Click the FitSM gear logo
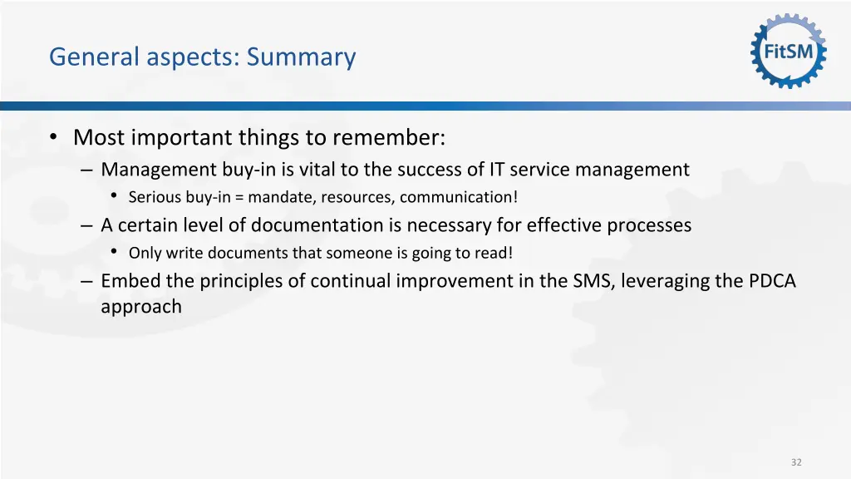(x=789, y=52)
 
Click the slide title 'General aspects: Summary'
(x=202, y=57)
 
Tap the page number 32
(x=796, y=462)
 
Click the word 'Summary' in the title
(x=301, y=57)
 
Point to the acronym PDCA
(x=772, y=281)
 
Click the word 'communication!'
(x=459, y=198)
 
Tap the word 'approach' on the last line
(x=141, y=307)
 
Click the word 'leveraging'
(x=672, y=281)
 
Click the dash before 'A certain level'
(x=88, y=225)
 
